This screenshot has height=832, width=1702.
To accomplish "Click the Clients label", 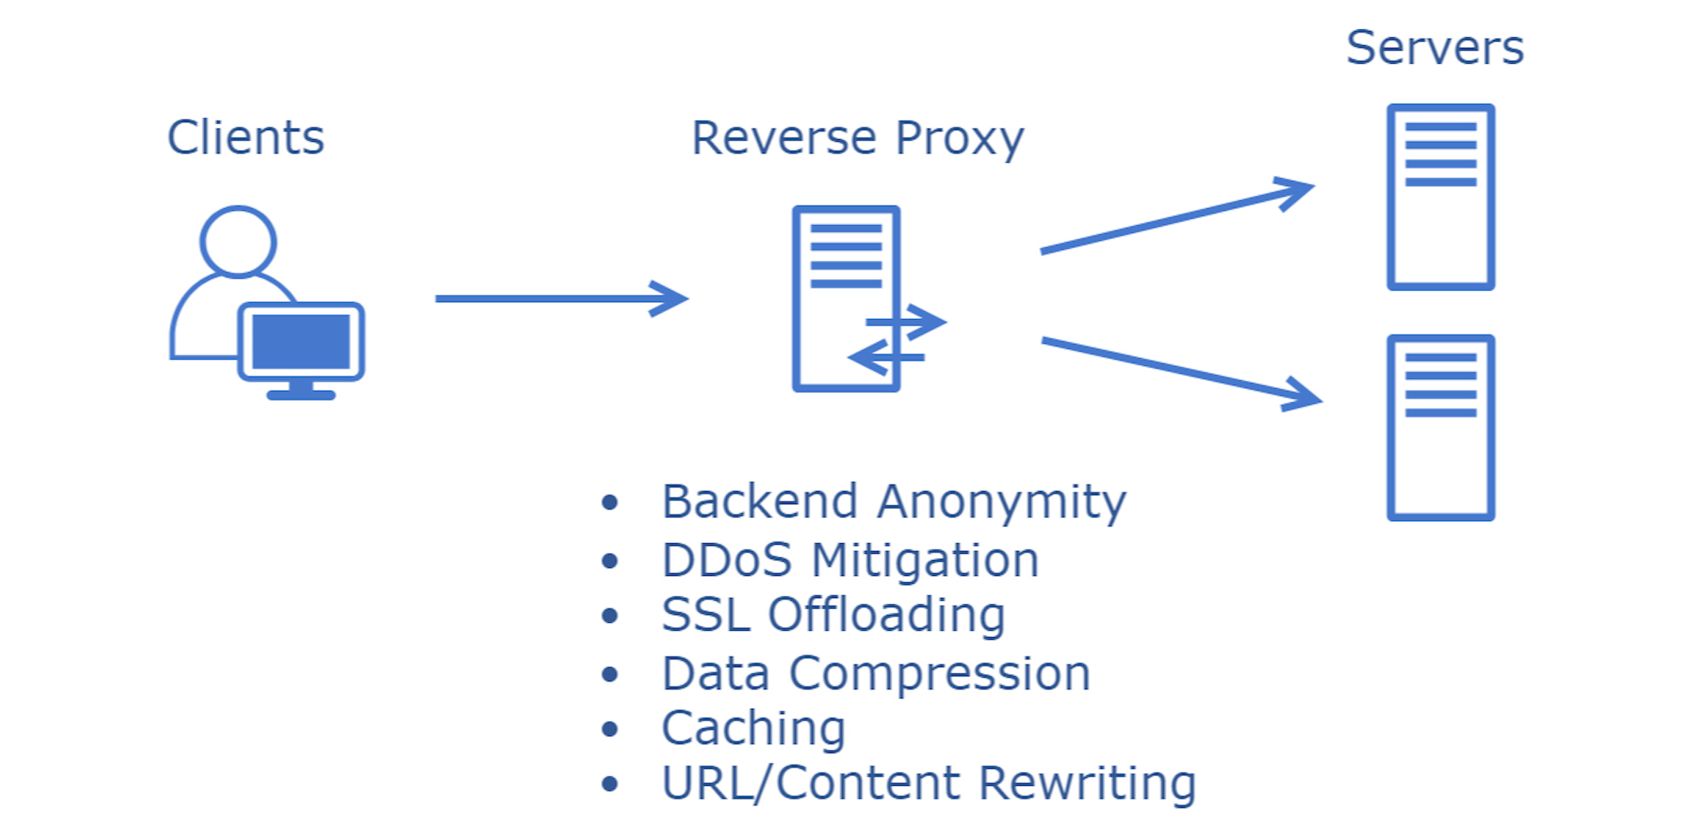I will [x=246, y=138].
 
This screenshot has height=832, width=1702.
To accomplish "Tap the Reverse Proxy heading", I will [x=857, y=139].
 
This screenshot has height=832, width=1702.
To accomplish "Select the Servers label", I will [x=1434, y=48].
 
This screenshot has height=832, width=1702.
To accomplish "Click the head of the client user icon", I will [x=238, y=241].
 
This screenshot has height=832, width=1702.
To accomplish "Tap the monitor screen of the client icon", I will [x=301, y=342].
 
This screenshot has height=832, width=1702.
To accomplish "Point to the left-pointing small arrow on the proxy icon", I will [x=886, y=358].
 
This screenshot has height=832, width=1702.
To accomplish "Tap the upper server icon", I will [x=1440, y=197].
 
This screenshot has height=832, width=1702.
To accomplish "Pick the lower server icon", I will [x=1440, y=427].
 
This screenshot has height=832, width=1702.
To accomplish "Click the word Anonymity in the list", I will [x=1002, y=502].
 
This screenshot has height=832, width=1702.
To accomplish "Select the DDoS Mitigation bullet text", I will [x=849, y=560].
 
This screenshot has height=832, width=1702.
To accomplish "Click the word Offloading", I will [x=886, y=615].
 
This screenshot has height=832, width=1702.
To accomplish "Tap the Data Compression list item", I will [x=875, y=673].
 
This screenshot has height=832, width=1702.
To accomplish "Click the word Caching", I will [x=753, y=728].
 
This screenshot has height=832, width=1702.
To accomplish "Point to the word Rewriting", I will [x=1088, y=783].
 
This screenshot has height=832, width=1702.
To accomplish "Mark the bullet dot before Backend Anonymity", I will [x=609, y=503].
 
